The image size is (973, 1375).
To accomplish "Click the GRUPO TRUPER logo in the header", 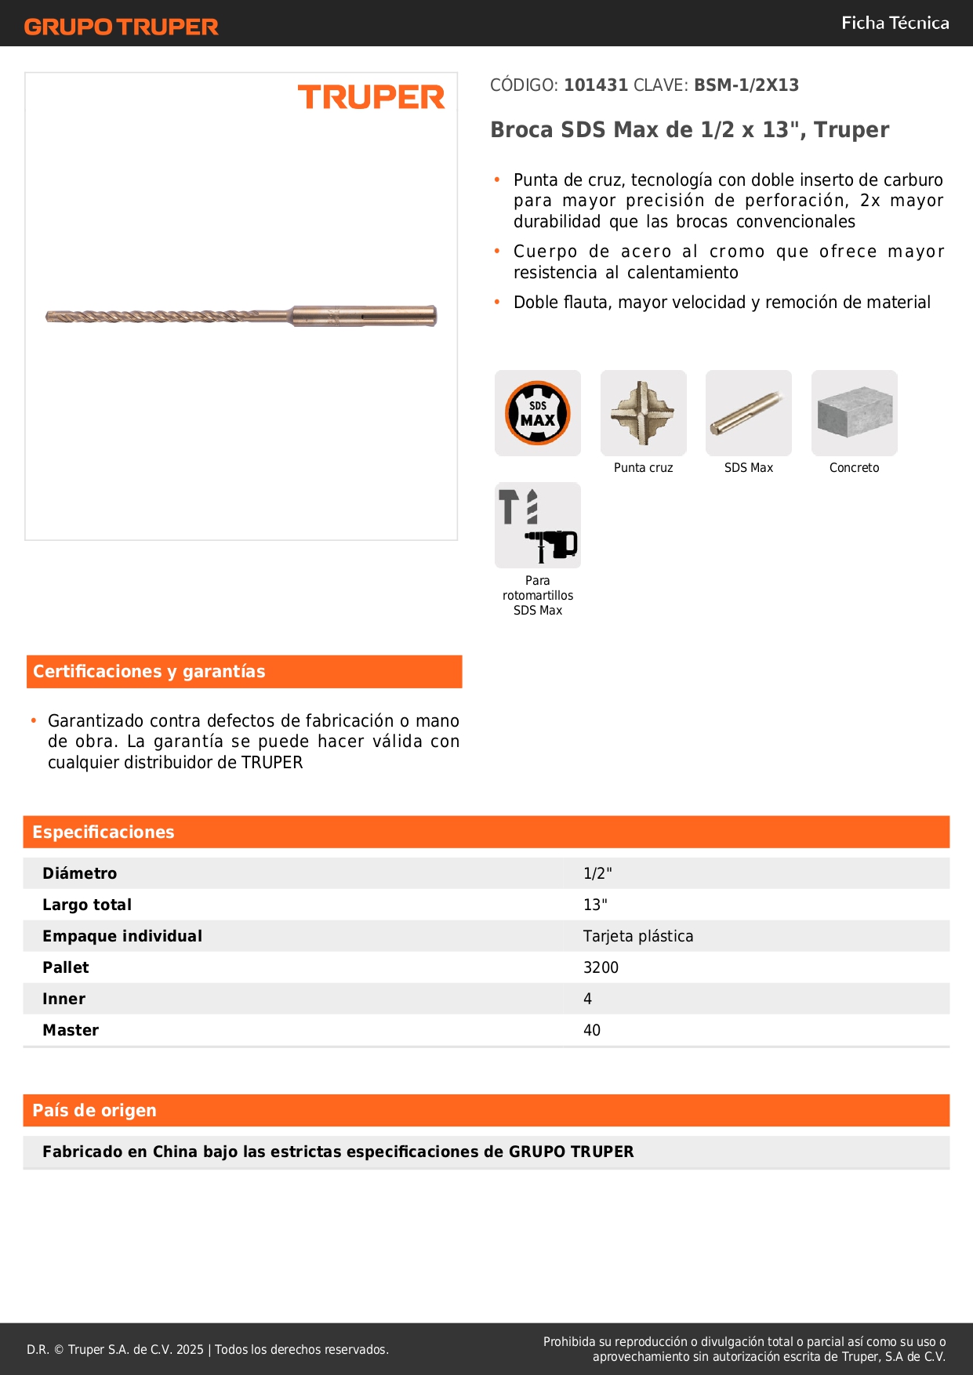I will [x=121, y=27].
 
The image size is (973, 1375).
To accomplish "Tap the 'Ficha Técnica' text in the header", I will [x=895, y=24].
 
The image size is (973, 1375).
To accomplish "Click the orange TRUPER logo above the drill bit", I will [x=371, y=97].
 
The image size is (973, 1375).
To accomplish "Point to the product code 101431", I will [x=596, y=85].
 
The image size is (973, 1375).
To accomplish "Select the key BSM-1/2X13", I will [x=746, y=85].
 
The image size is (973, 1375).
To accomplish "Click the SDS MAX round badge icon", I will [x=538, y=413].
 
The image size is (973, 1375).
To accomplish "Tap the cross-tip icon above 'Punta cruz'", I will [x=643, y=413].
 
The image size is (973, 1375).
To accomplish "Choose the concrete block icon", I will [x=854, y=413].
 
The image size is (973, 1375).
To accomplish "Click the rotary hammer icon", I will [x=538, y=525].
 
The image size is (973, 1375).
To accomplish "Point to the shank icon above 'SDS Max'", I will [x=748, y=413].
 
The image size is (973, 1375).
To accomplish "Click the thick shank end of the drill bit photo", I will [x=365, y=316].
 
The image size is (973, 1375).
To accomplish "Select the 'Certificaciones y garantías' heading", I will [x=149, y=672].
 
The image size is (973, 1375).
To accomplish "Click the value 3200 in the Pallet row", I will [x=601, y=967].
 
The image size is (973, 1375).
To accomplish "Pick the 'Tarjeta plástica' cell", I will [x=638, y=936].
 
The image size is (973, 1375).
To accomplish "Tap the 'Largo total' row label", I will [x=87, y=905].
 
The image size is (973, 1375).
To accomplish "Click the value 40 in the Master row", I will [x=592, y=1030].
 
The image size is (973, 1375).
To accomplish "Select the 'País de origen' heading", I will [x=94, y=1111].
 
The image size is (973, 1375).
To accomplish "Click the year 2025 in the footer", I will [x=190, y=1349].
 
